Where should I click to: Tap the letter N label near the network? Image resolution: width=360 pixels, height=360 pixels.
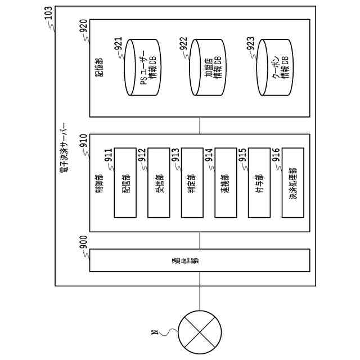point(155,332)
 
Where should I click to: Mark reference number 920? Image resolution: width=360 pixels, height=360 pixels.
point(83,26)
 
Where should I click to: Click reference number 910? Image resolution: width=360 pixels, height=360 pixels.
point(83,142)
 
